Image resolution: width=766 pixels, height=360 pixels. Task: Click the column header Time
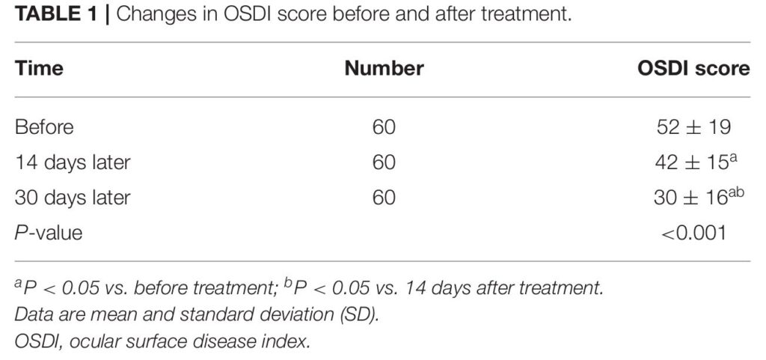click(x=39, y=68)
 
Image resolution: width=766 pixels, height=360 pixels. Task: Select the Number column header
click(x=384, y=68)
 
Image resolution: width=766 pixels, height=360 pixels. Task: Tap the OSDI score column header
click(x=693, y=68)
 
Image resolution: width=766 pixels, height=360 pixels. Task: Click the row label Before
click(x=44, y=127)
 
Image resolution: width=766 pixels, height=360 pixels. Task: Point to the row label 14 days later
click(x=73, y=162)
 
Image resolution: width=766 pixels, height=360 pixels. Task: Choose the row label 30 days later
click(x=73, y=198)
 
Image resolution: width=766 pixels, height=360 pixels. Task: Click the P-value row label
click(x=49, y=233)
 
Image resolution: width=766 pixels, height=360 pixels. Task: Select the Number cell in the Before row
click(x=384, y=127)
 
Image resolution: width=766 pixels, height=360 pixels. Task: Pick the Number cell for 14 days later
click(x=384, y=162)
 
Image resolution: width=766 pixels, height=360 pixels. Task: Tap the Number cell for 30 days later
click(x=384, y=198)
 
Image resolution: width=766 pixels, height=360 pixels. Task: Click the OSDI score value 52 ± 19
click(x=693, y=127)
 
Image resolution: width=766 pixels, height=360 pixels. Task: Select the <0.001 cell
click(x=693, y=233)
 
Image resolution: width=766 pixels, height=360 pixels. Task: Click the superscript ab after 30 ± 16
click(x=737, y=192)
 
